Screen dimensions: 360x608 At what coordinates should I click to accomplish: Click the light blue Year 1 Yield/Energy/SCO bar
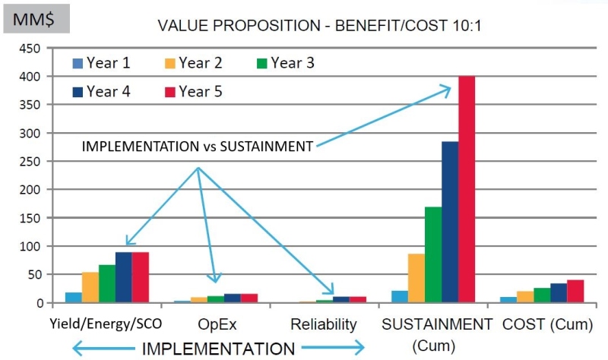[74, 298]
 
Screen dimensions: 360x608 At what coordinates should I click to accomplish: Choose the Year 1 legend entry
[99, 63]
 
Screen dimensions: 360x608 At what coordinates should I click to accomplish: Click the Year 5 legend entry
[194, 92]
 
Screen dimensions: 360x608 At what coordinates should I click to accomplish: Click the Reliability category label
[323, 325]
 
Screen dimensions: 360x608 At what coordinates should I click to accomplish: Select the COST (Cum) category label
[547, 325]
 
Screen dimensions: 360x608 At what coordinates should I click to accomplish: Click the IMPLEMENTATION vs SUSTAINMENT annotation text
[197, 147]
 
